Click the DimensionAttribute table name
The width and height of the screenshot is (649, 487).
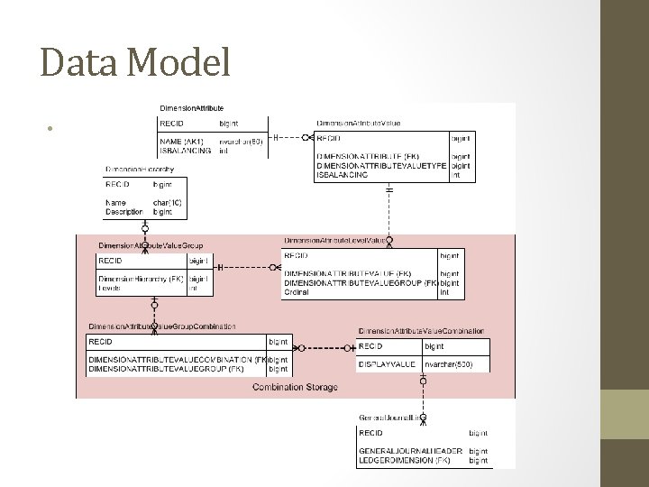(x=191, y=108)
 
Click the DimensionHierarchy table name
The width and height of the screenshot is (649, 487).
(x=140, y=169)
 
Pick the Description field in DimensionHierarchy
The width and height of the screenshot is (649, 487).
(x=124, y=212)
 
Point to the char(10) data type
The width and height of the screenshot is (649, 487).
(x=167, y=203)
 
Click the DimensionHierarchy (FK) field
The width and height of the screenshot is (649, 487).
(x=142, y=279)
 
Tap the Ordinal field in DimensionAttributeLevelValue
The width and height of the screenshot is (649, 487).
(x=297, y=291)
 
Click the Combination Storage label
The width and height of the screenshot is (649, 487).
(x=296, y=387)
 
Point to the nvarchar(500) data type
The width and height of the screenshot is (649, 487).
(x=448, y=364)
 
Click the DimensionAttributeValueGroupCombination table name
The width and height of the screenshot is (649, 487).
(x=162, y=326)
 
